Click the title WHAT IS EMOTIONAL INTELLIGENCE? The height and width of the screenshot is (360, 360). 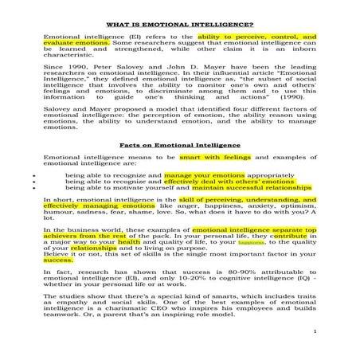click(x=180, y=25)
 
